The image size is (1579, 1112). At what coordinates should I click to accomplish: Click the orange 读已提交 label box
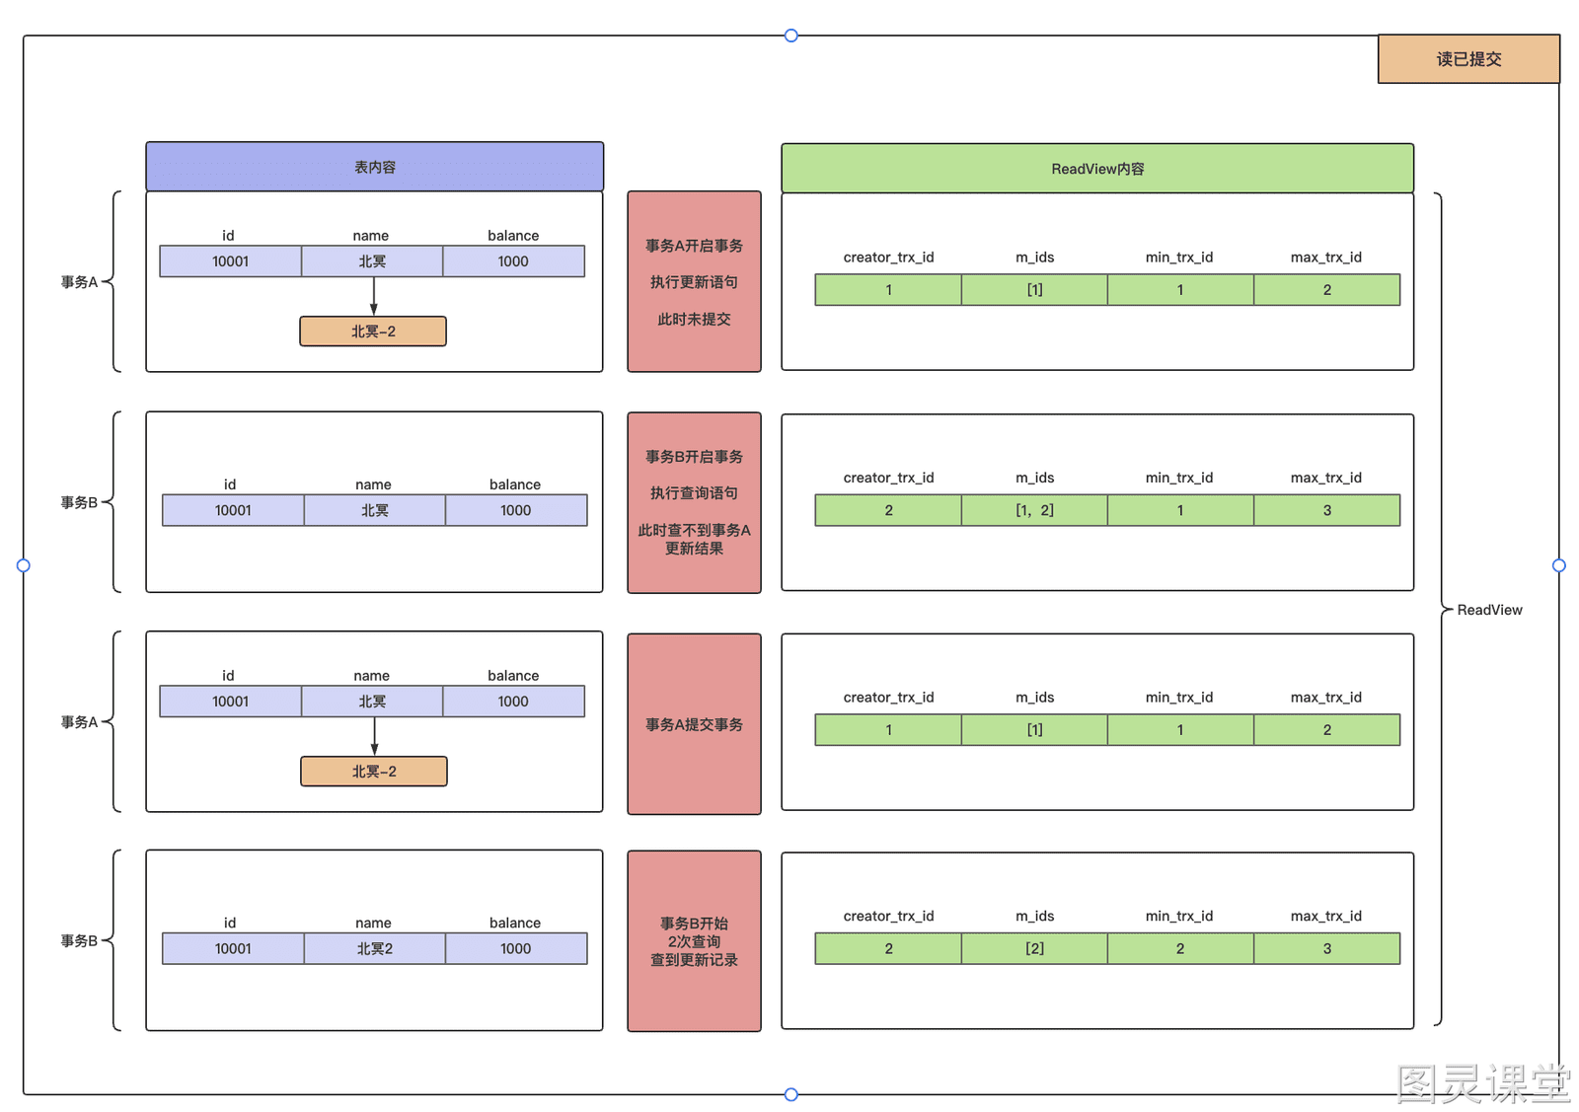1468,59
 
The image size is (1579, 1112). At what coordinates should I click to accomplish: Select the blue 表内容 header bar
374,167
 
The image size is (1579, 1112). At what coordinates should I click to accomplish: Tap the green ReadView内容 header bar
1096,169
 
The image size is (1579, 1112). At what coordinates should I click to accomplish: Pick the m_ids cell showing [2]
1034,948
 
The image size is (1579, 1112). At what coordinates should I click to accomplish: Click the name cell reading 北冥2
374,948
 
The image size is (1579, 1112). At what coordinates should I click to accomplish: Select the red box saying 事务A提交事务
694,723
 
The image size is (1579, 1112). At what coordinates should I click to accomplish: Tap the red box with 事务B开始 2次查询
694,940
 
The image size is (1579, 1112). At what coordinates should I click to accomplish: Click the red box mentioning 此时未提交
694,281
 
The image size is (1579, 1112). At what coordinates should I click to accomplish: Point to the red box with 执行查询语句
694,502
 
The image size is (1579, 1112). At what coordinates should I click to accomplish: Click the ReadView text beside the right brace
1489,610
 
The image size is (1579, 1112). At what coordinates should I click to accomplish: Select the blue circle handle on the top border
790,36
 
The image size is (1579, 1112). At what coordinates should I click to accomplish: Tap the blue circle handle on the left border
24,565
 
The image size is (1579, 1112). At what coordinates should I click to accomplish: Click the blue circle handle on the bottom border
790,1094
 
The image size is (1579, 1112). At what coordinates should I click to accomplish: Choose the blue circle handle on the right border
1559,565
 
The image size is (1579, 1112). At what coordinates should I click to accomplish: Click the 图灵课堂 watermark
1483,1083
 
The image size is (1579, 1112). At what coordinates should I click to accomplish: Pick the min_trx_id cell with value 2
1180,948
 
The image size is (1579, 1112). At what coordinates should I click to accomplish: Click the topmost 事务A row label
79,282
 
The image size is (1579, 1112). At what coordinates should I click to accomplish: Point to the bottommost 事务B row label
79,940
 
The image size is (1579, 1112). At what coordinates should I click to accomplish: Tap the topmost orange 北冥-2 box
373,332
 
